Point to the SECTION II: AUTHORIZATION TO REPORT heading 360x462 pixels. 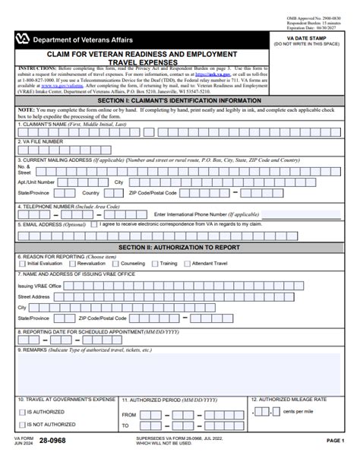point(180,247)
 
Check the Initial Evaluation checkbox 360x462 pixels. point(21,264)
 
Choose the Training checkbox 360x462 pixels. point(156,264)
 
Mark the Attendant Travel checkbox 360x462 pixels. point(188,264)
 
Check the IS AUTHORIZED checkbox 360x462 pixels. point(22,412)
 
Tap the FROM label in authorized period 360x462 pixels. point(129,415)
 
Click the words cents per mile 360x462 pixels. point(298,411)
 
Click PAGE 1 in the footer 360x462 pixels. point(335,441)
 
